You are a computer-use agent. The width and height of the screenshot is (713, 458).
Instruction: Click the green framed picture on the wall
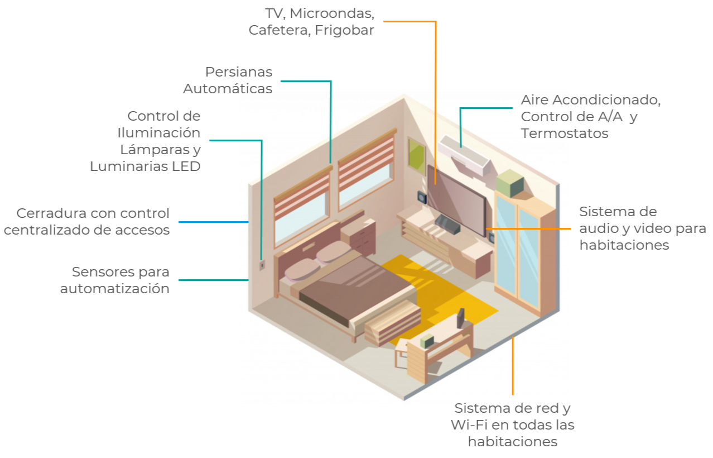[416, 154]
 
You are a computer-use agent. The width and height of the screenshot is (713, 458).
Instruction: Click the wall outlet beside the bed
[262, 264]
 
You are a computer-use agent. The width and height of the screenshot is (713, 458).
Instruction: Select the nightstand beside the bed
[358, 235]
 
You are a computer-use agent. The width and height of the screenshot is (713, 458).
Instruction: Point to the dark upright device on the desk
[461, 318]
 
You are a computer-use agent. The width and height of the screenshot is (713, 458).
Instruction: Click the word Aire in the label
[534, 101]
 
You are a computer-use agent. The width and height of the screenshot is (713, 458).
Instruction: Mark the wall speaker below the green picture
[422, 197]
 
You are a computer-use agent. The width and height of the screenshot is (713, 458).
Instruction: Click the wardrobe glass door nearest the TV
[505, 246]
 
